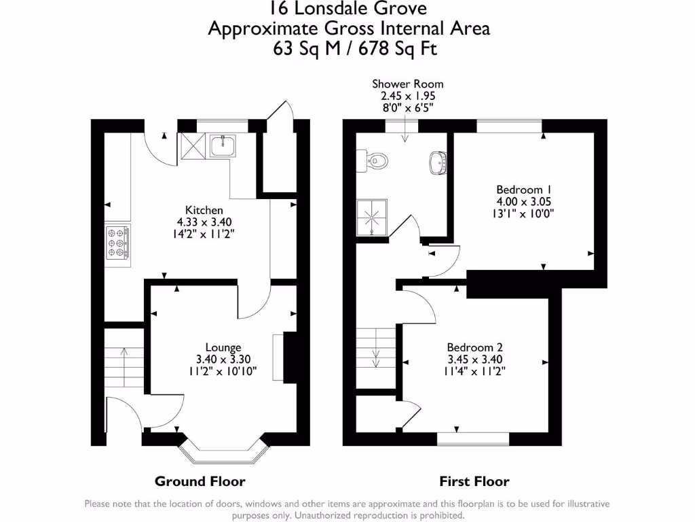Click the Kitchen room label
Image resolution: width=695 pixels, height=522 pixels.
(x=204, y=210)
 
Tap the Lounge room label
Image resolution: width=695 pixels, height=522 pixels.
(x=223, y=347)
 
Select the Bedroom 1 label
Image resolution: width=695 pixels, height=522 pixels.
(x=519, y=190)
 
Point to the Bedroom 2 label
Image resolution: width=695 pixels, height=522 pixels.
(x=474, y=347)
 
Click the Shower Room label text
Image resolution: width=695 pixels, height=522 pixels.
(x=407, y=84)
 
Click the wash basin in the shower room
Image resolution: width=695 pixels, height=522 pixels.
(x=438, y=162)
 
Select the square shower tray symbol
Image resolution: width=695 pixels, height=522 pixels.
(x=373, y=218)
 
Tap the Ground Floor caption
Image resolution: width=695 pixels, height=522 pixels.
(x=200, y=481)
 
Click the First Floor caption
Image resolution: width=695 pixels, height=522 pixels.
(x=474, y=481)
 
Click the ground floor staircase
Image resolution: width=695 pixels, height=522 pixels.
(x=124, y=367)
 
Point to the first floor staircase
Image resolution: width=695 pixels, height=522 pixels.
(x=376, y=347)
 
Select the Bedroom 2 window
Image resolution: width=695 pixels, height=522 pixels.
(x=472, y=438)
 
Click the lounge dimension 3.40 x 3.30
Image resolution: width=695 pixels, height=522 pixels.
(x=223, y=359)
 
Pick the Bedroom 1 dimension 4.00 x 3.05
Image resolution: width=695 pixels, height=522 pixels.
(x=519, y=202)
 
